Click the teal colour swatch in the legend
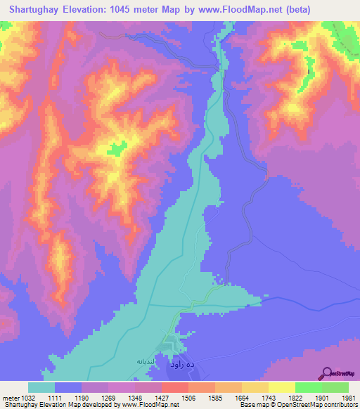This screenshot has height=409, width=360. tap(41, 387)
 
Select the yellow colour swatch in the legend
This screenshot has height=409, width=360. tap(282, 387)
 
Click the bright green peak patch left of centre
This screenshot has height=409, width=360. tap(117, 147)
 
